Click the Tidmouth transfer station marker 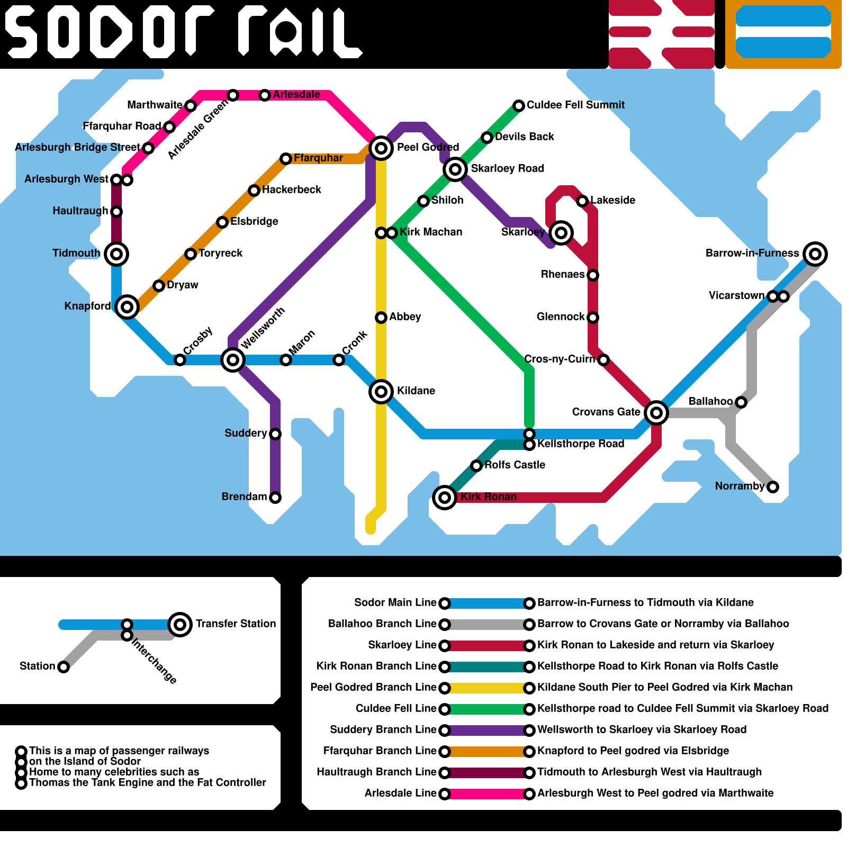pos(116,254)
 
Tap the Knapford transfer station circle pos(127,307)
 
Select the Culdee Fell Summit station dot pos(519,106)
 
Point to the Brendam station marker pos(275,498)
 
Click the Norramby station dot pos(773,487)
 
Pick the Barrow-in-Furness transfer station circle pos(815,254)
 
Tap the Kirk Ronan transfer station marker pos(445,498)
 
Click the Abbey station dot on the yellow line pos(381,318)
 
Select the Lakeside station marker pos(582,201)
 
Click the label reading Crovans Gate pos(606,412)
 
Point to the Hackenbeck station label pos(292,190)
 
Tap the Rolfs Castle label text pos(515,465)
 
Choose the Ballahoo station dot pos(741,402)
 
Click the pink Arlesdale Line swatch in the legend pos(487,794)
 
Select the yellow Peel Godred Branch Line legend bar pos(487,688)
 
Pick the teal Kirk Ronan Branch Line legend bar pos(487,666)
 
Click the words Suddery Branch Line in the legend pos(383,729)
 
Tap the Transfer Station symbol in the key pos(180,625)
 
